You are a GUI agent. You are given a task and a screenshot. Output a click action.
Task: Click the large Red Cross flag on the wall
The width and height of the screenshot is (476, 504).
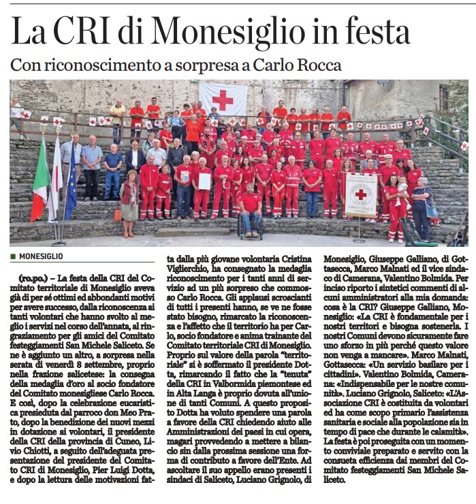point(223,99)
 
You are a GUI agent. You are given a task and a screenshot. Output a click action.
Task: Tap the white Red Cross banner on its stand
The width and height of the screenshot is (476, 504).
point(360,195)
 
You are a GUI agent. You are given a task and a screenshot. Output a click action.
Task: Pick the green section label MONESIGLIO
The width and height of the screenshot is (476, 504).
point(41,256)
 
